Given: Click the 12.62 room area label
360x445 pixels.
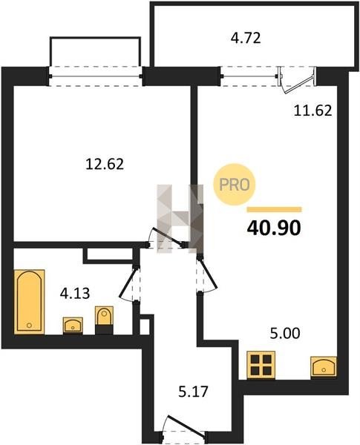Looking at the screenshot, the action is [105, 164].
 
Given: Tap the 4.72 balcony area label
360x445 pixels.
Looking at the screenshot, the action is [246, 38].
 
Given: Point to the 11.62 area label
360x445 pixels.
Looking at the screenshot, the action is [312, 111].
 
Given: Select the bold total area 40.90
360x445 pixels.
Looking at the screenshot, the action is [274, 228].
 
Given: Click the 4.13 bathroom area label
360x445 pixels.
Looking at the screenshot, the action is [75, 293].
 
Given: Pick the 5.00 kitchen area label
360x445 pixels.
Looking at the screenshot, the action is [285, 334].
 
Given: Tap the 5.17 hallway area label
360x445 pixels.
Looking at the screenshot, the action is [193, 392].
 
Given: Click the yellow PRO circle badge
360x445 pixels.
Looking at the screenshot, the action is [235, 185].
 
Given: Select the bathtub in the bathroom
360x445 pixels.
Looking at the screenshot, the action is [29, 302].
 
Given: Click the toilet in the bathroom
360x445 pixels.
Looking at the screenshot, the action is [104, 320].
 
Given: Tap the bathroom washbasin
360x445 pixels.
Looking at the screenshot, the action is [73, 326].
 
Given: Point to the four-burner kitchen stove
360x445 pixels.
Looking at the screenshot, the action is [261, 365].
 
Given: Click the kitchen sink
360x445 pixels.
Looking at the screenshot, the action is [324, 366].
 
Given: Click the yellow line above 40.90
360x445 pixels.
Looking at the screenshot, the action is [274, 209].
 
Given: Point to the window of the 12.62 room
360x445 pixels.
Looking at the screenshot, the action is [96, 76].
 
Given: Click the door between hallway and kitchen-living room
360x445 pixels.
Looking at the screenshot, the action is [207, 274].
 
